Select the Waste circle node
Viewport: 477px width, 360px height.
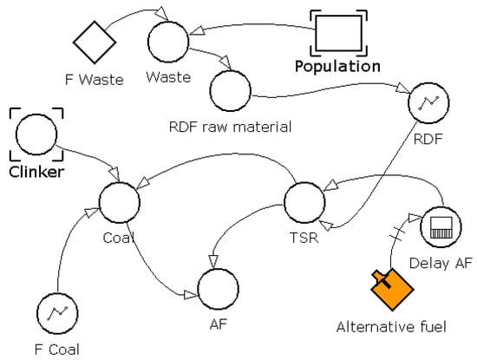(168, 40)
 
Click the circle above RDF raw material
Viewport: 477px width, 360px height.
(230, 88)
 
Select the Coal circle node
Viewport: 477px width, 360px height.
(120, 202)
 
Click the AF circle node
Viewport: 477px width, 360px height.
(219, 286)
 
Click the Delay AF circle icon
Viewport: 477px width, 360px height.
(439, 229)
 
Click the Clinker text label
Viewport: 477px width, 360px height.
(34, 171)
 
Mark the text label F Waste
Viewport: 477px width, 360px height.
(95, 80)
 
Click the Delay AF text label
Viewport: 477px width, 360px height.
(439, 265)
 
